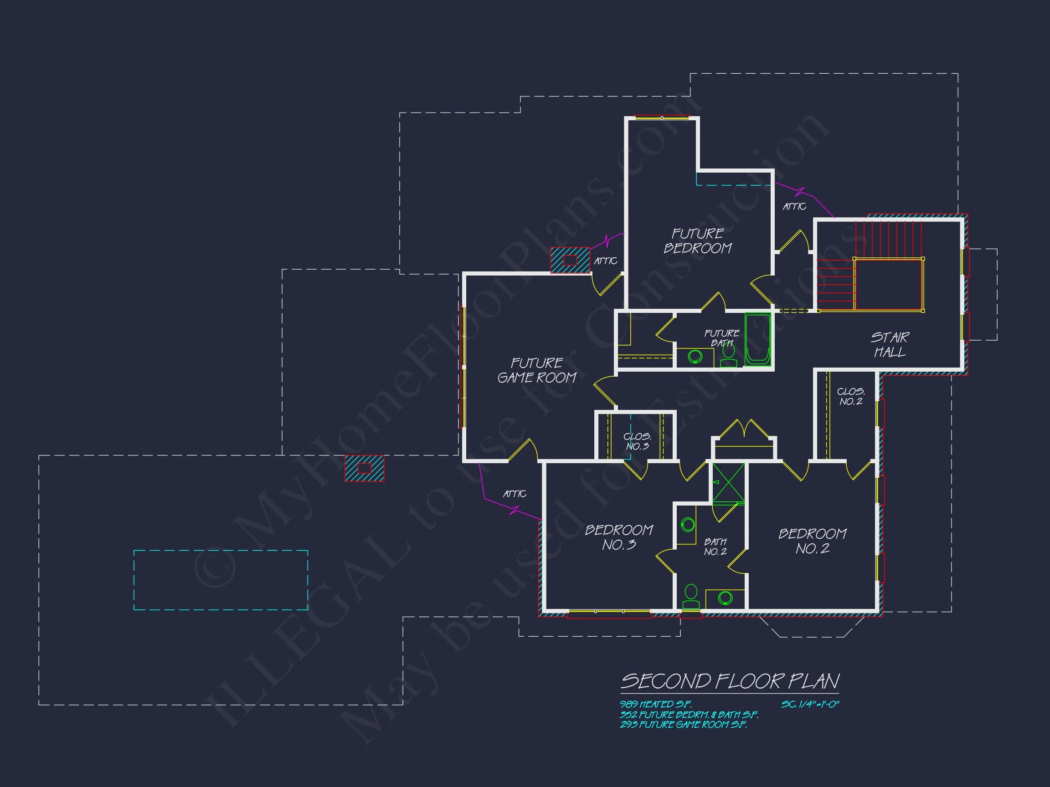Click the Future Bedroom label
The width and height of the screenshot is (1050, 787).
pyautogui.click(x=698, y=241)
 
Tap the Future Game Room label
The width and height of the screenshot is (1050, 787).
pyautogui.click(x=537, y=370)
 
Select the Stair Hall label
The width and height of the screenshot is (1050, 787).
pyautogui.click(x=890, y=345)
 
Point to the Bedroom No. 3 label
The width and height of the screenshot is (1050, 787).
pyautogui.click(x=619, y=537)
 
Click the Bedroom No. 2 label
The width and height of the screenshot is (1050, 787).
pyautogui.click(x=813, y=541)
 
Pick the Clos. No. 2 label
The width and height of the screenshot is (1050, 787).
pyautogui.click(x=851, y=397)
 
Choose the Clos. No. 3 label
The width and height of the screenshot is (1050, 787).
pyautogui.click(x=637, y=441)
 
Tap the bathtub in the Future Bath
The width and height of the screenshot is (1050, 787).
pyautogui.click(x=757, y=339)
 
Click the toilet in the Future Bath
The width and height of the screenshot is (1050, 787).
pyautogui.click(x=729, y=356)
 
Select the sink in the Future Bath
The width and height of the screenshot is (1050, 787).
pyautogui.click(x=695, y=356)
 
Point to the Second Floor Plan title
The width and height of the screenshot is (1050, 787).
pyautogui.click(x=730, y=682)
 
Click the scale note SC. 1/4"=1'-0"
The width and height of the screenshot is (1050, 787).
pyautogui.click(x=810, y=705)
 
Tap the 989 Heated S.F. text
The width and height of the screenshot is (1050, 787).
pyautogui.click(x=656, y=705)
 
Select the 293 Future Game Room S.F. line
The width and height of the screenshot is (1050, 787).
pyautogui.click(x=684, y=725)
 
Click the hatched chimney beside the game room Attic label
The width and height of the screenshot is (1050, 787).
pyautogui.click(x=570, y=260)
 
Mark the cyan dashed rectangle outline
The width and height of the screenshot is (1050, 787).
pyautogui.click(x=221, y=580)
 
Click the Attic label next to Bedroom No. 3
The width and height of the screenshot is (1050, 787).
pyautogui.click(x=515, y=494)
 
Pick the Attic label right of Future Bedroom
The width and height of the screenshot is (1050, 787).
pyautogui.click(x=795, y=206)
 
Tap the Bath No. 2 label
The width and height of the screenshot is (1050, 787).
pyautogui.click(x=715, y=547)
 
